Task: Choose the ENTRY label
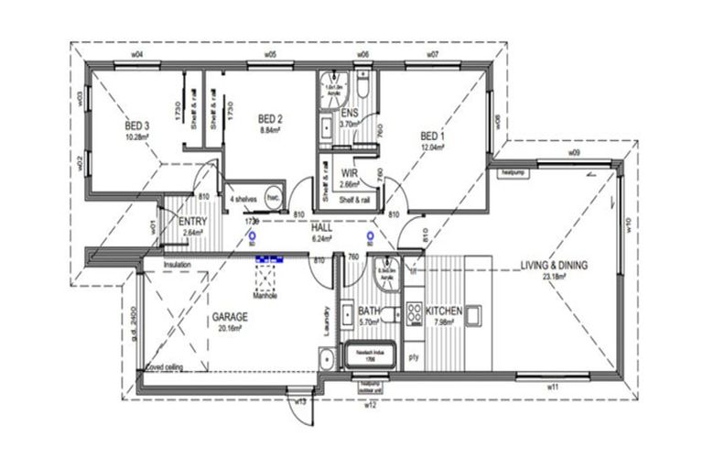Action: point(192,222)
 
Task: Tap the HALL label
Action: point(322,227)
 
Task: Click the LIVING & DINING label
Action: point(554,266)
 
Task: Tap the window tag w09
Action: point(574,151)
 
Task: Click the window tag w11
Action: point(553,388)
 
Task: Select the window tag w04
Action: point(137,55)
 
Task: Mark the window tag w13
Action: point(299,402)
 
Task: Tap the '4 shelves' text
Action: point(243,199)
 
